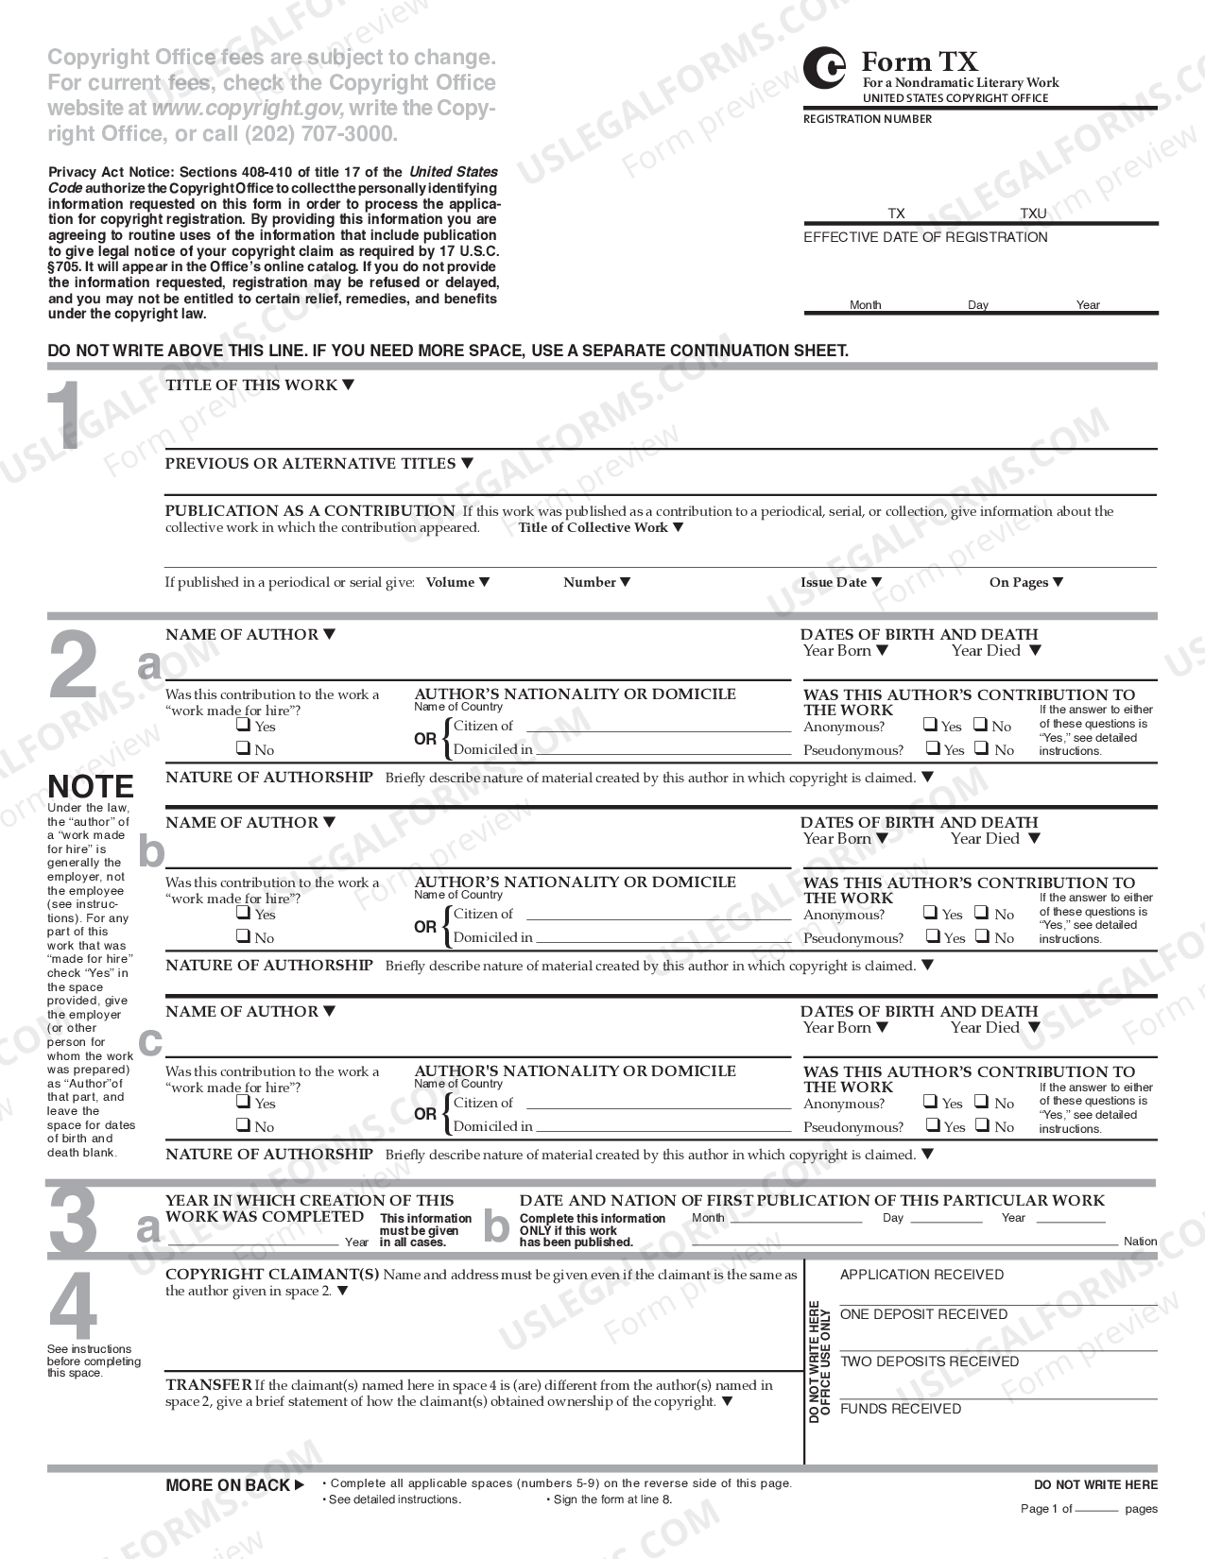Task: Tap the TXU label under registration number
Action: [1033, 214]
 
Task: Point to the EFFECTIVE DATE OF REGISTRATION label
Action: [925, 237]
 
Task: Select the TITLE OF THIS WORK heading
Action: [251, 385]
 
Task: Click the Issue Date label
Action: [834, 582]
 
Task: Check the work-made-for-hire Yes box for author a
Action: [243, 726]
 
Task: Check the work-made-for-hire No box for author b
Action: [243, 936]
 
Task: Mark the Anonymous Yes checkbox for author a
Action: [931, 725]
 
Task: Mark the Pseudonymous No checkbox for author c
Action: [982, 1125]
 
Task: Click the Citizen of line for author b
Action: [658, 916]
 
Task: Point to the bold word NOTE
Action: [91, 786]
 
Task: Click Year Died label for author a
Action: [986, 651]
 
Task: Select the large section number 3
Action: [73, 1220]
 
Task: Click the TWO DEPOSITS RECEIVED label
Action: [929, 1362]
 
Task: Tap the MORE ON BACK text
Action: [228, 1485]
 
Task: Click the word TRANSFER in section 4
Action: [208, 1385]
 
